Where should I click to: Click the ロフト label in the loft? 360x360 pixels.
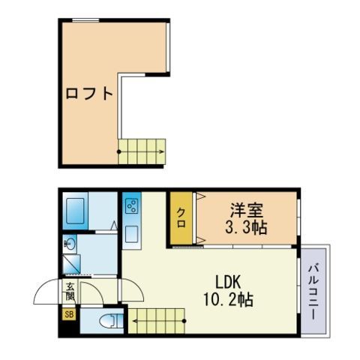[x=89, y=94]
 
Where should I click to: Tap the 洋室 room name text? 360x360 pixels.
[x=247, y=211]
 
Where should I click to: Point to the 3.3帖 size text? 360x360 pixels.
[x=246, y=227]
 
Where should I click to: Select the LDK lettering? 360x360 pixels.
[x=228, y=283]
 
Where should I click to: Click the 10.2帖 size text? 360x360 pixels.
[x=228, y=299]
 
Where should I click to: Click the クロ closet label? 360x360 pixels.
[x=181, y=218]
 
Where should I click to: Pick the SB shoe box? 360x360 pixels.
[x=69, y=314]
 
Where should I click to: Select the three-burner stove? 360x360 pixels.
[x=131, y=206]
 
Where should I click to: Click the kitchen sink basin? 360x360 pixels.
[x=131, y=234]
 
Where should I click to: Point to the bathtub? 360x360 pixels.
[x=75, y=211]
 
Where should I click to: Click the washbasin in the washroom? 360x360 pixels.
[x=70, y=244]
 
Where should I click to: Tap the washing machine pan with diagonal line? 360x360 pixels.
[x=71, y=264]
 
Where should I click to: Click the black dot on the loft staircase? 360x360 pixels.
[x=119, y=151]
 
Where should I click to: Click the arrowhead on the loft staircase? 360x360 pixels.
[x=162, y=151]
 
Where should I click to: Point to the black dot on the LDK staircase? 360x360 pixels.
[x=184, y=321]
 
